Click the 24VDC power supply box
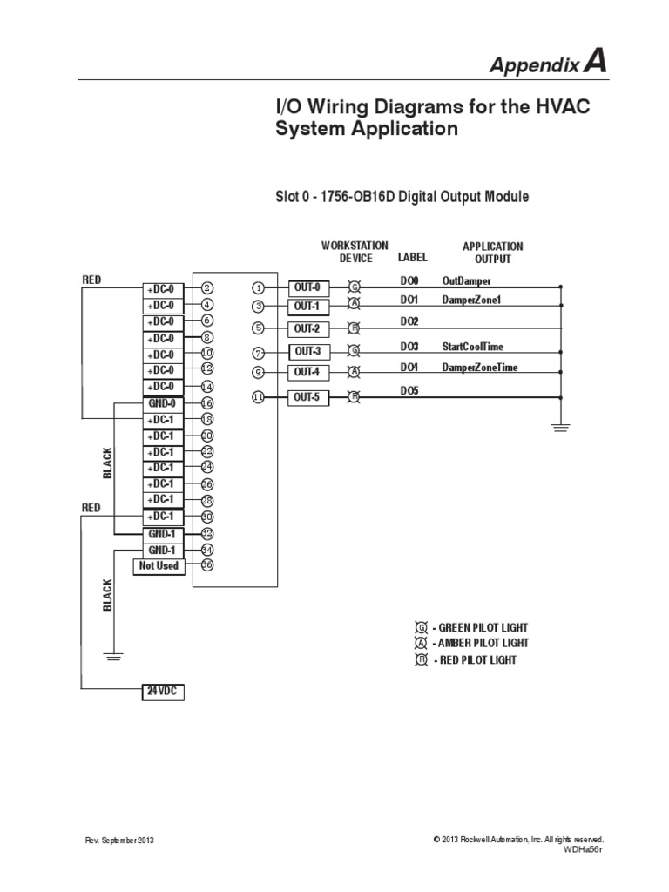(x=163, y=692)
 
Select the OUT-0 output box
(x=309, y=287)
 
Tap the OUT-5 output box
(x=309, y=397)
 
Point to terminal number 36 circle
(x=207, y=564)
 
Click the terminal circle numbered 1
(x=259, y=287)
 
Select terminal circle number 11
(x=259, y=397)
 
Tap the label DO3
(x=409, y=346)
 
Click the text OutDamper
(x=466, y=281)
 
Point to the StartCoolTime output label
(x=472, y=346)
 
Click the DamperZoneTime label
(x=479, y=368)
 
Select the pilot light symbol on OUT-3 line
(x=354, y=350)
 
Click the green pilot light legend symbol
(x=422, y=627)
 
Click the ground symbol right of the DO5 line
(x=561, y=426)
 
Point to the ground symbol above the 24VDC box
(x=112, y=656)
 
